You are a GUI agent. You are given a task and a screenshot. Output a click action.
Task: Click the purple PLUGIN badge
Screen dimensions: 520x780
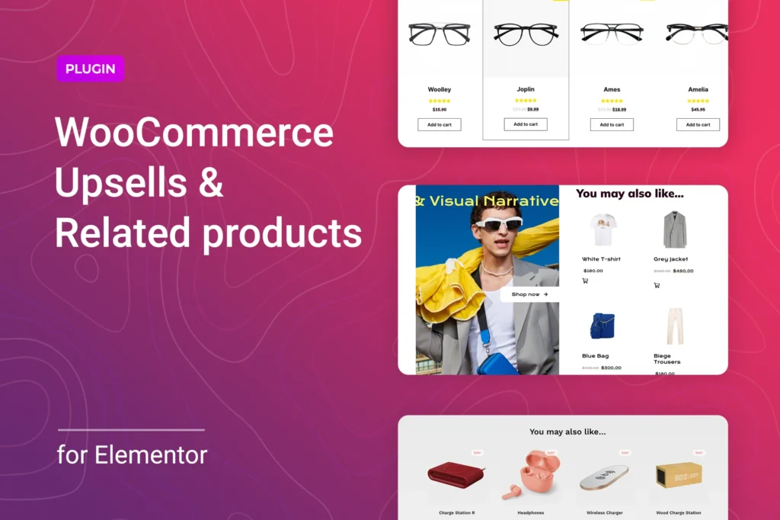tap(90, 69)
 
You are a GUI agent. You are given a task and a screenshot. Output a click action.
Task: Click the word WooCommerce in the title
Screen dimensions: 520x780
tap(194, 133)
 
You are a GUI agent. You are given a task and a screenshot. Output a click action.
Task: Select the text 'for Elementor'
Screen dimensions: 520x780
tap(132, 455)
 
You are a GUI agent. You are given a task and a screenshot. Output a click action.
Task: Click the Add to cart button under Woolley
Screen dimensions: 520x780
tap(440, 124)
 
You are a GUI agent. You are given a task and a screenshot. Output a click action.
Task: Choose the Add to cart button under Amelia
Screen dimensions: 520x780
tap(698, 124)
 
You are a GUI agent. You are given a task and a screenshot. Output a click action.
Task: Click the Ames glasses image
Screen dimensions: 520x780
tap(612, 34)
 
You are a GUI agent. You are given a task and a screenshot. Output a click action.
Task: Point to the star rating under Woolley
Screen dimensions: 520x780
tap(440, 101)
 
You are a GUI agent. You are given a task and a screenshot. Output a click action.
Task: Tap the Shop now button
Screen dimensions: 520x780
tap(529, 294)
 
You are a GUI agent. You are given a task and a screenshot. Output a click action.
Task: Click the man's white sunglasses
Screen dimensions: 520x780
tap(499, 224)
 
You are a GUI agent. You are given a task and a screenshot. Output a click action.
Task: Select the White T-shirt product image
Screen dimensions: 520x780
tap(603, 230)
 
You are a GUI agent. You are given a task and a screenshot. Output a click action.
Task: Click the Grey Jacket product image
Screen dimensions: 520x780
tap(674, 230)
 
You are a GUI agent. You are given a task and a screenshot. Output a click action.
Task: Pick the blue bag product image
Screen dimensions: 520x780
tap(602, 326)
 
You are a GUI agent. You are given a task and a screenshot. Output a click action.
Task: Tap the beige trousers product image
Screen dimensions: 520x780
tap(674, 326)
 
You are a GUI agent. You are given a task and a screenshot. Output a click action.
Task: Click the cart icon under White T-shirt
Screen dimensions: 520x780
tap(585, 281)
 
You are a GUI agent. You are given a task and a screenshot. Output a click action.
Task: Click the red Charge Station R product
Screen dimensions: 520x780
tap(456, 476)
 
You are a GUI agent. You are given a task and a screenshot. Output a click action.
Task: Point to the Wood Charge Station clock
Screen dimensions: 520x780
tap(678, 475)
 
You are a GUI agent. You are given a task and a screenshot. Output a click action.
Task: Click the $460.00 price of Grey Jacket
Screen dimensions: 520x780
tap(683, 271)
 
